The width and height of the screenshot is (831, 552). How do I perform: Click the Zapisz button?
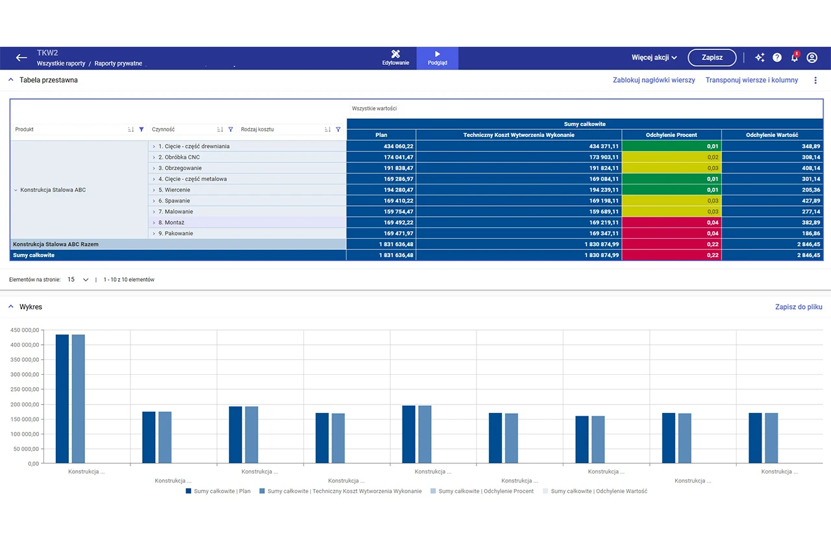pyautogui.click(x=712, y=58)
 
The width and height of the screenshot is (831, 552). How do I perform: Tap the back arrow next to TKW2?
pyautogui.click(x=21, y=58)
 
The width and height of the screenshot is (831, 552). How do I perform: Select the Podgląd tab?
pyautogui.click(x=438, y=58)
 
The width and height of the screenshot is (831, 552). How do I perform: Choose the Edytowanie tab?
pyautogui.click(x=395, y=58)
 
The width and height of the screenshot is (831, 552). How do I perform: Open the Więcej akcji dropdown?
pyautogui.click(x=654, y=58)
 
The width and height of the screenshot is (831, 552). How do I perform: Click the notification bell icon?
pyautogui.click(x=795, y=58)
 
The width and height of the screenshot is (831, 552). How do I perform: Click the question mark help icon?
pyautogui.click(x=777, y=58)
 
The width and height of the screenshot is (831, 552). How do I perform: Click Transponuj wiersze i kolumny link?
pyautogui.click(x=752, y=80)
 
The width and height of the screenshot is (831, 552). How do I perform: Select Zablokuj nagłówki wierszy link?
pyautogui.click(x=654, y=80)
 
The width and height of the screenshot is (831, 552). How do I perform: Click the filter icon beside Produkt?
pyautogui.click(x=142, y=129)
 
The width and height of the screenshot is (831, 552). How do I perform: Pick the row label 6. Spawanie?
pyautogui.click(x=174, y=201)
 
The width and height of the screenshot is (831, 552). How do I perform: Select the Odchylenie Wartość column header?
pyautogui.click(x=772, y=135)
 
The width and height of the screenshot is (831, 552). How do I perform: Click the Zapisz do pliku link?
pyautogui.click(x=799, y=307)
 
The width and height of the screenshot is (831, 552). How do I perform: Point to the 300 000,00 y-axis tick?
pyautogui.click(x=25, y=374)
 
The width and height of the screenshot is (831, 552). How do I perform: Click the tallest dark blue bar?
pyautogui.click(x=62, y=399)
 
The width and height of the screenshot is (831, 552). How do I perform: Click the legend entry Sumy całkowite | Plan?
pyautogui.click(x=218, y=491)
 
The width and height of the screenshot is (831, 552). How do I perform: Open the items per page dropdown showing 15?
pyautogui.click(x=78, y=280)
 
